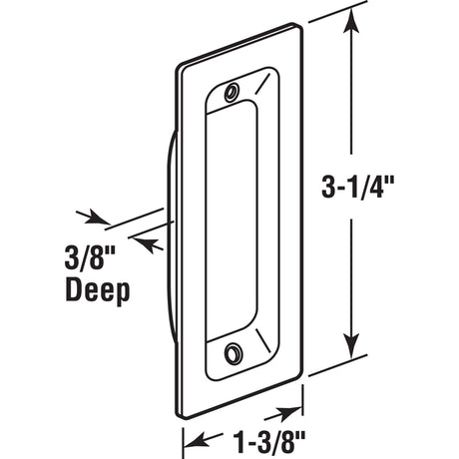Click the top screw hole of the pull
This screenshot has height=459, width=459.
tap(231, 91)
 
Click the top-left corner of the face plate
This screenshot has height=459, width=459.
tap(180, 67)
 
